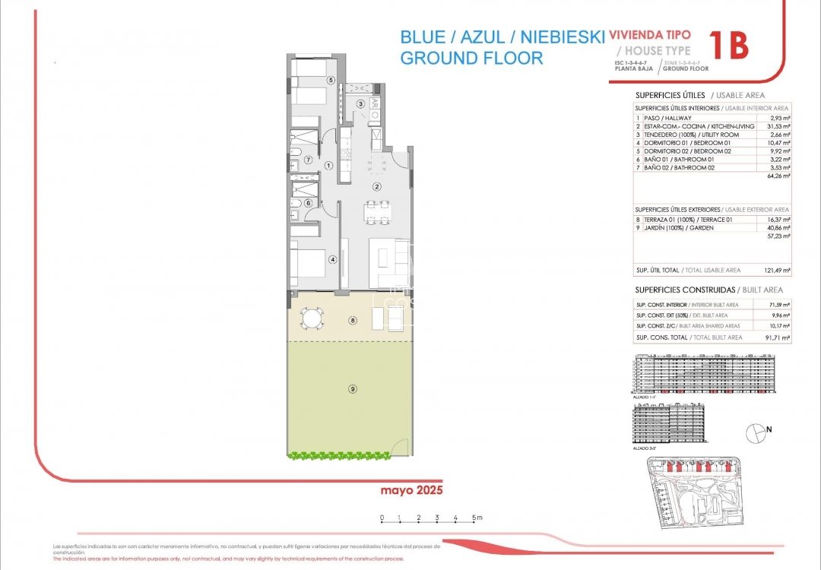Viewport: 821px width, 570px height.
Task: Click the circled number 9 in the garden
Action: (x=353, y=389)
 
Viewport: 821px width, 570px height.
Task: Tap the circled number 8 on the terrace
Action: (x=353, y=321)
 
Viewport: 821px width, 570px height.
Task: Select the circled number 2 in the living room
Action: (x=376, y=186)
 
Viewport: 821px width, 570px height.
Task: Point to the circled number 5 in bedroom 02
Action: (x=331, y=80)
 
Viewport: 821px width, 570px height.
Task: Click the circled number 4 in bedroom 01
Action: (x=332, y=259)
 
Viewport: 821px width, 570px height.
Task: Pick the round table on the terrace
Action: (x=311, y=317)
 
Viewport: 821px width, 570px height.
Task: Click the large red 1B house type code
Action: (x=727, y=46)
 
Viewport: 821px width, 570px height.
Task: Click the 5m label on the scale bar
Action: (x=477, y=518)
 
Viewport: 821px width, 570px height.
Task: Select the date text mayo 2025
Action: (x=411, y=490)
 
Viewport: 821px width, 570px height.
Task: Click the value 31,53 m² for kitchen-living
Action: (x=779, y=126)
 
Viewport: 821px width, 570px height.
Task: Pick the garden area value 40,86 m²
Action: (x=779, y=227)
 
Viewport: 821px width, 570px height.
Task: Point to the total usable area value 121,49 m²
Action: (x=777, y=270)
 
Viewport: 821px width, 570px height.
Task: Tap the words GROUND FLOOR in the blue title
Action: (x=471, y=58)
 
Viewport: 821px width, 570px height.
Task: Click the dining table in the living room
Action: (x=374, y=212)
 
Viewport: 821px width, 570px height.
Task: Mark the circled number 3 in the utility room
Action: (x=361, y=104)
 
